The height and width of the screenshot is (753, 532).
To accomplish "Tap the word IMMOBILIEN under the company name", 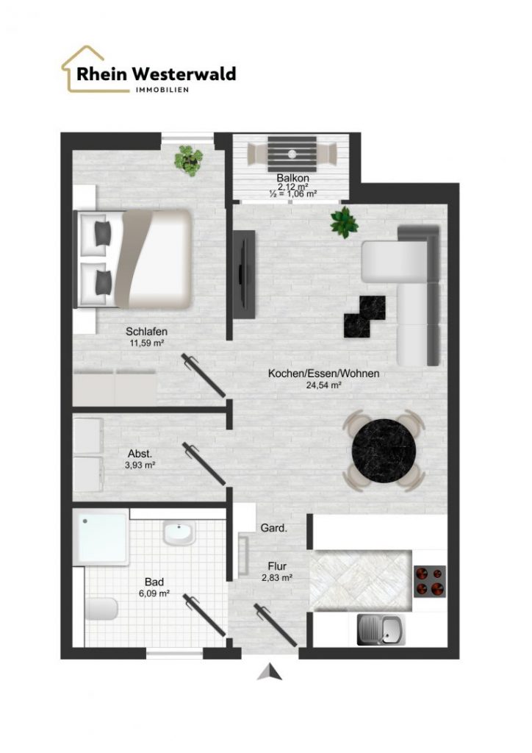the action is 162,90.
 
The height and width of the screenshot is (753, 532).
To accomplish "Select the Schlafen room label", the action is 147,332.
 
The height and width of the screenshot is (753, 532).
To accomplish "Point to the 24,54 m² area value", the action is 324,385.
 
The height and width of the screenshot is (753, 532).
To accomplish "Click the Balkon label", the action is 292,178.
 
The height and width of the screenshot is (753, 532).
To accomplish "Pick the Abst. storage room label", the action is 140,454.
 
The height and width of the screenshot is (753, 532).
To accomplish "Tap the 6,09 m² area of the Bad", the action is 154,593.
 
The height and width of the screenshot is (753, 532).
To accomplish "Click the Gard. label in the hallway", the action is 274,528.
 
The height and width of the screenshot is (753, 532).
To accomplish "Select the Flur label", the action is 277,567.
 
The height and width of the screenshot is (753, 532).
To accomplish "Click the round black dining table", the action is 384,450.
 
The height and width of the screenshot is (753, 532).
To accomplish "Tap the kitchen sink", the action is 381,630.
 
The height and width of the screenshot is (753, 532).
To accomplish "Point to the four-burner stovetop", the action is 430,581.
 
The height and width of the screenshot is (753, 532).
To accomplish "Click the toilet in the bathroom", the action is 101,610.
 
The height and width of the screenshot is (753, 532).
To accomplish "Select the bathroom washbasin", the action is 179,533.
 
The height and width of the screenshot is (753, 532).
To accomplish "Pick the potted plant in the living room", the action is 344,222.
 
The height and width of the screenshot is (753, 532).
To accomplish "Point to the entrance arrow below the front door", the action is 270,672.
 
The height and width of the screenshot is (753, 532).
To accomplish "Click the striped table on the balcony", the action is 292,154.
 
